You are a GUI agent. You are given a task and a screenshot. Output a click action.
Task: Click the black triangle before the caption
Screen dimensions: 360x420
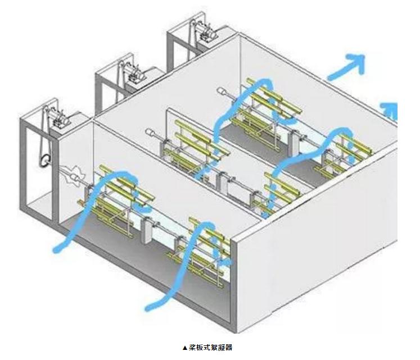pos(185,348)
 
